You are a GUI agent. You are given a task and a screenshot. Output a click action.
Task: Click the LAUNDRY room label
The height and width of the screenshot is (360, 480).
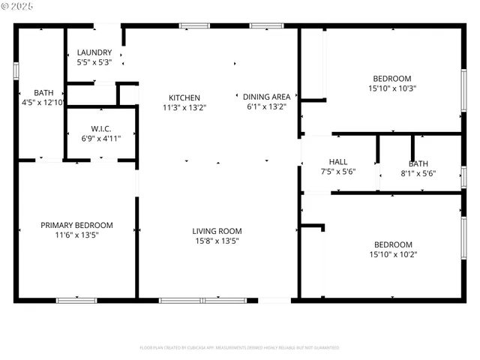click(94, 52)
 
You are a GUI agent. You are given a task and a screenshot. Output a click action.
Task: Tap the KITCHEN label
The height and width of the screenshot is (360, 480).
click(184, 97)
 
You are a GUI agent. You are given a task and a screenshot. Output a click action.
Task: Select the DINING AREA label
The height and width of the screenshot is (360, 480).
click(267, 97)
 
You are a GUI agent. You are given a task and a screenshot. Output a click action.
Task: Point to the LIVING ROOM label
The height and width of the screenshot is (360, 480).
click(217, 231)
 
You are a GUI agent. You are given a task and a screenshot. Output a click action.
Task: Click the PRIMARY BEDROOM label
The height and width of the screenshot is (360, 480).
click(76, 225)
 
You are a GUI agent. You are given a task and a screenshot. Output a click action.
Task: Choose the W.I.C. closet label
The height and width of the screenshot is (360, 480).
click(101, 128)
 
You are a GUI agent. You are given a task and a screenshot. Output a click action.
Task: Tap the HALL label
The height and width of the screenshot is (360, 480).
click(338, 162)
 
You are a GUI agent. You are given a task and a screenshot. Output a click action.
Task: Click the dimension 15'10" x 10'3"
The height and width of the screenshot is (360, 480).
click(392, 88)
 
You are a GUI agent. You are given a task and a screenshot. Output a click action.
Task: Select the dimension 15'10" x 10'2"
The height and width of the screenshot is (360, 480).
click(392, 254)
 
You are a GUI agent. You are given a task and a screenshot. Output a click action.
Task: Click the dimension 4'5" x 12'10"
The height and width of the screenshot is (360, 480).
click(43, 102)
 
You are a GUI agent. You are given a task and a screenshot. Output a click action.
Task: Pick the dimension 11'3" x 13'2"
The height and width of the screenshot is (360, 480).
click(184, 107)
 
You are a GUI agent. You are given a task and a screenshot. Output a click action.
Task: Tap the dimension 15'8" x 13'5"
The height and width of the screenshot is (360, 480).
click(217, 241)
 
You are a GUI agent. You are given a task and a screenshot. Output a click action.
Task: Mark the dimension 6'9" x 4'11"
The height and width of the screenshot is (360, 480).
click(101, 138)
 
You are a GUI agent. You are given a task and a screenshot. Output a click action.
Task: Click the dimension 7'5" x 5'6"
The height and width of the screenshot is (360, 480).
click(338, 172)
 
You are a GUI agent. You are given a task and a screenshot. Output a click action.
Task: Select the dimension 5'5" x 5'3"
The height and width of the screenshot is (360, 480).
click(94, 62)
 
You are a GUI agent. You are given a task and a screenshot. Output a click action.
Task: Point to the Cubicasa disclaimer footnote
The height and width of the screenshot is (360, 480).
click(239, 347)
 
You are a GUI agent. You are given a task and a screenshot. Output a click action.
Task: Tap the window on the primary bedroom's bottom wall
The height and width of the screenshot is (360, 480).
click(76, 300)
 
